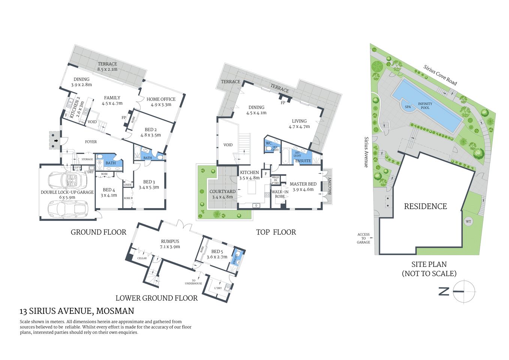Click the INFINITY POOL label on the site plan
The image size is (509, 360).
pos(425,106)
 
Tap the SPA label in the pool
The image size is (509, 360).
pos(408,107)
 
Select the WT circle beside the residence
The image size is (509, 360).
pos(468,222)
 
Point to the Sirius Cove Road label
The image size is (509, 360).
pos(440,75)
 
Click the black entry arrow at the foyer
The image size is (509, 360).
pos(56,141)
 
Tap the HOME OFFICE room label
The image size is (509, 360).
pos(161,102)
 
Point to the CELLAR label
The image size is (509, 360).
pos(142,258)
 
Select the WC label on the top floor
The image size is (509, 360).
pos(268,143)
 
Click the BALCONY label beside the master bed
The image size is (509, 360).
pos(330,186)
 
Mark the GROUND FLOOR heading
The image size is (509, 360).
pos(98,232)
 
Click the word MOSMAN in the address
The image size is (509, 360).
pos(115,311)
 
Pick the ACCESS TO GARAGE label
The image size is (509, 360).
pos(363,238)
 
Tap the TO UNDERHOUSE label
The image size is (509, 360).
pos(193,282)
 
